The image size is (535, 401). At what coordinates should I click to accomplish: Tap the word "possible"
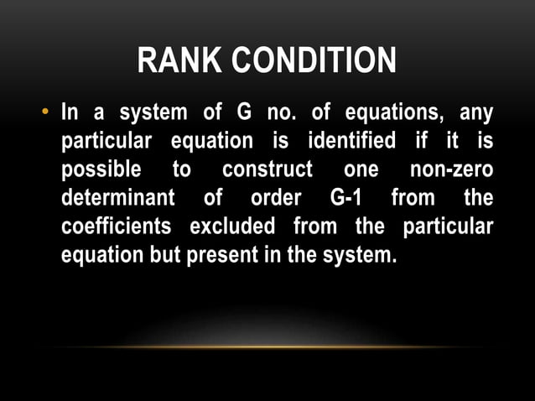coord(101,169)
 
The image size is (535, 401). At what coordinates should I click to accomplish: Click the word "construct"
coord(267,169)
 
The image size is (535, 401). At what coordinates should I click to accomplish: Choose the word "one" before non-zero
coord(361,169)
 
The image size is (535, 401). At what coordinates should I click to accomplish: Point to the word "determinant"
coord(118,199)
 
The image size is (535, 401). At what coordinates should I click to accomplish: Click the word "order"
coord(275,199)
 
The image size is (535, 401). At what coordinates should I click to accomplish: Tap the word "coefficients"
coord(117,227)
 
